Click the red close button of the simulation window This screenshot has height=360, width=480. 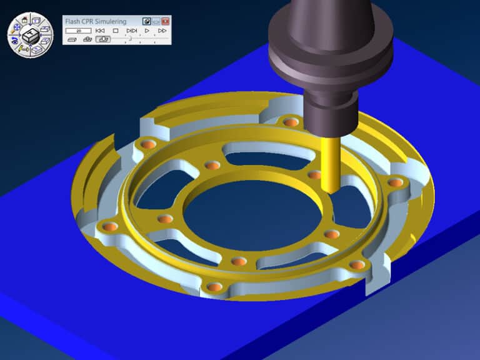coord(166,21)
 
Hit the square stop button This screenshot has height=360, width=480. coord(116,30)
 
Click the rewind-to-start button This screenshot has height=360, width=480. coord(99,30)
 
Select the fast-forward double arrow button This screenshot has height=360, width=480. coord(162,30)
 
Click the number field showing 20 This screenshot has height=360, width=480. coord(78,30)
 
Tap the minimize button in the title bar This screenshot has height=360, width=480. coord(156,21)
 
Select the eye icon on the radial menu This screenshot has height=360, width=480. coord(14,42)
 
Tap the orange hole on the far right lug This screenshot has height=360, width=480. coord(395,182)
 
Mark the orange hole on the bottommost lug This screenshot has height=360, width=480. coord(214,287)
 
